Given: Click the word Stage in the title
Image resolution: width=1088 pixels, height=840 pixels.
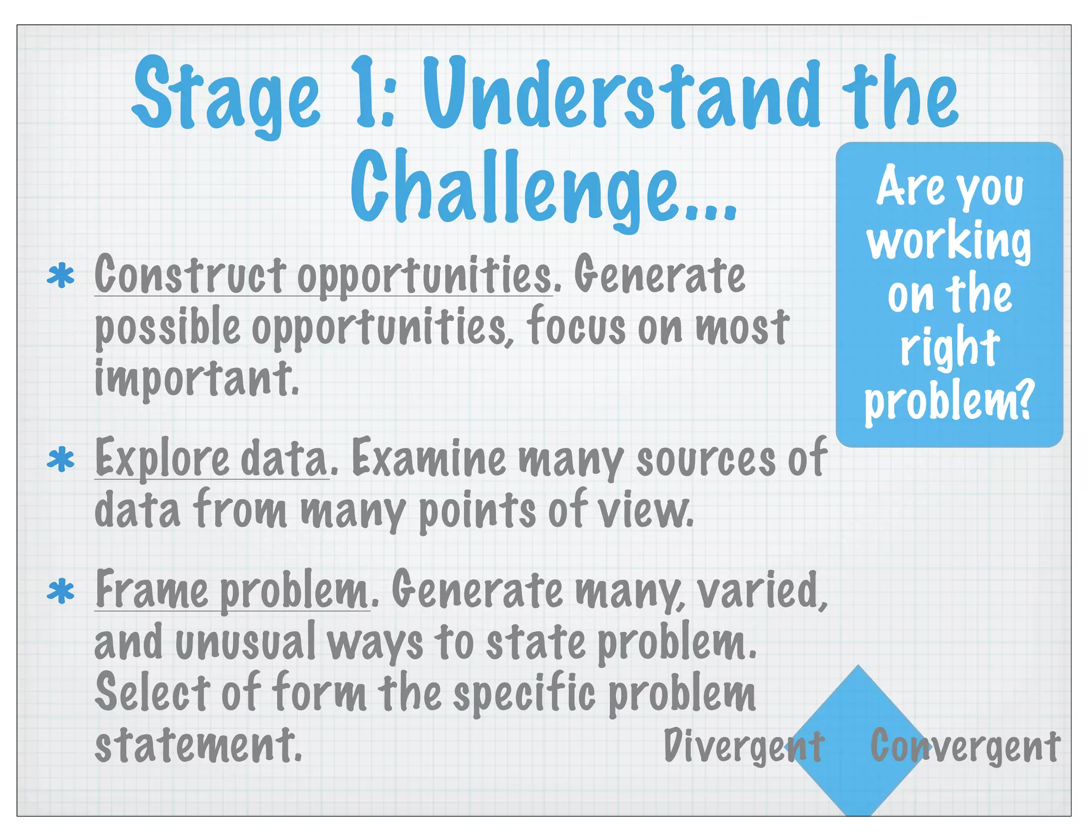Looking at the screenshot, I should (226, 96).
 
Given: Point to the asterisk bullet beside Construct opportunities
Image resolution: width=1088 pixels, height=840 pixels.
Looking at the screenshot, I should (61, 276).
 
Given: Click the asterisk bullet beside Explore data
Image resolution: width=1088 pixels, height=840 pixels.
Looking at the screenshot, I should (61, 459).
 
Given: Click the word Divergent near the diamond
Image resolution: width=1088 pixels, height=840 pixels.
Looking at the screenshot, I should (744, 747).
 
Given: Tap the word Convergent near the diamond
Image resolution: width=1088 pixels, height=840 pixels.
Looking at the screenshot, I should (965, 747).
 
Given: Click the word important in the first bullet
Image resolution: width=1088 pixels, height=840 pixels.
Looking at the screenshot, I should (197, 378).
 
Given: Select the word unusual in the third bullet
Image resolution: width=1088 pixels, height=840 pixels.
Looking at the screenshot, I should (244, 642).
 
